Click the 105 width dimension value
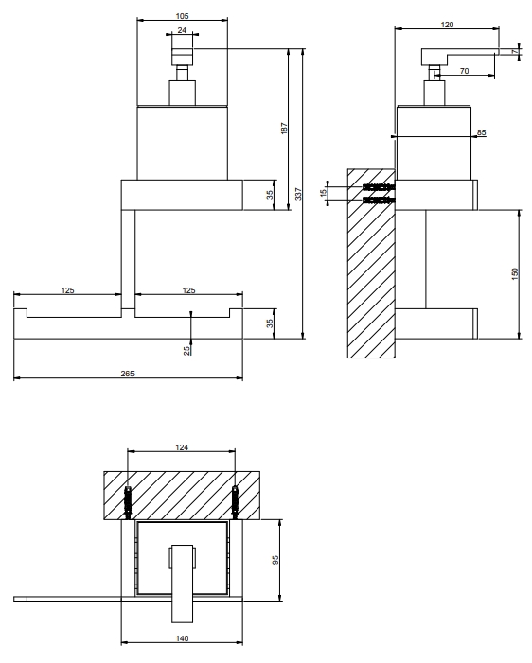(182, 16)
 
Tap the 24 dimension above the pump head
(182, 30)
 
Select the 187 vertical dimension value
(284, 129)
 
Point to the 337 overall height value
(298, 194)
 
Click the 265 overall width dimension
(128, 374)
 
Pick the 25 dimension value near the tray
(187, 351)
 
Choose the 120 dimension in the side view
(447, 25)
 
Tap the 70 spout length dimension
(464, 71)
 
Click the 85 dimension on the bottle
(481, 132)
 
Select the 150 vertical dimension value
(515, 274)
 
